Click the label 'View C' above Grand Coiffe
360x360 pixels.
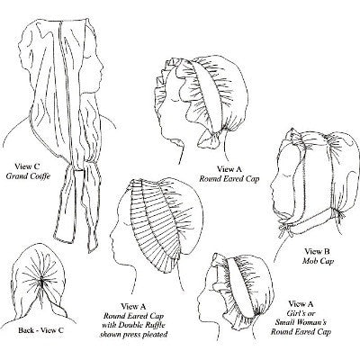pyautogui.click(x=27, y=166)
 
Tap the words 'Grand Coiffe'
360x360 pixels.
pyautogui.click(x=28, y=175)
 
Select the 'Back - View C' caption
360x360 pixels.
pyautogui.click(x=40, y=330)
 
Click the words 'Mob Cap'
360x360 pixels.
pyautogui.click(x=318, y=261)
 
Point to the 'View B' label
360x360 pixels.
pyautogui.click(x=318, y=251)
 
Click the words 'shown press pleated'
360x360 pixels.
pyautogui.click(x=133, y=335)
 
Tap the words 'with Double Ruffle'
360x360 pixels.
pyautogui.click(x=133, y=325)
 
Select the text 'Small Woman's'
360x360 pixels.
pyautogui.click(x=301, y=322)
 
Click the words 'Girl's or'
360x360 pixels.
pyautogui.click(x=301, y=313)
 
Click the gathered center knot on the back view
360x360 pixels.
pyautogui.click(x=41, y=282)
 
